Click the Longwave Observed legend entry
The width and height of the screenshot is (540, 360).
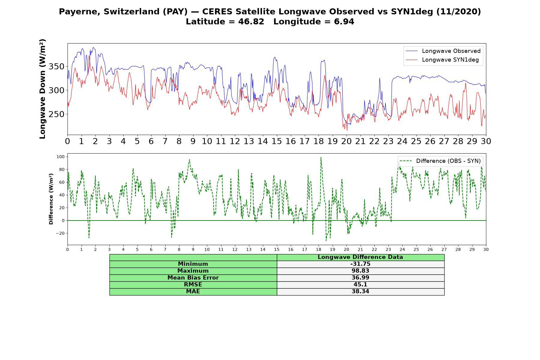[x=443, y=51]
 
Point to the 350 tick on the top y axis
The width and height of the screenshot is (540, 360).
[x=57, y=66]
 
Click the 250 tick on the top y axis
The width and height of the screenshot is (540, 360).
[x=57, y=114]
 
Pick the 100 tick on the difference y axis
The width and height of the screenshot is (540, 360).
[x=61, y=157]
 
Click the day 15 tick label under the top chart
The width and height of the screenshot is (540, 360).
[x=277, y=141]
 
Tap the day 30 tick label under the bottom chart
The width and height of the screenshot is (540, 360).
[x=486, y=249]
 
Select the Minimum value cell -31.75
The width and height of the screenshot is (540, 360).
[x=360, y=264]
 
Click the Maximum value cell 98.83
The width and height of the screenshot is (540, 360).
[x=360, y=271]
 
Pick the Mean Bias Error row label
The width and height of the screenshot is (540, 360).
[x=193, y=278]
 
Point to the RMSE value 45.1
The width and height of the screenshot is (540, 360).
[x=360, y=285]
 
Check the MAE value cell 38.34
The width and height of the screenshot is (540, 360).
[x=360, y=292]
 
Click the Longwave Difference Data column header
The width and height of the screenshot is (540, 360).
[x=360, y=257]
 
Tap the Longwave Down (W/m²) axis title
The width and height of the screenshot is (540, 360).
[x=43, y=89]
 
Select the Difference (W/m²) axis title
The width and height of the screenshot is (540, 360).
[x=51, y=199]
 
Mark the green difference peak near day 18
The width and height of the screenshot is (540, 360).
[x=321, y=157]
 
